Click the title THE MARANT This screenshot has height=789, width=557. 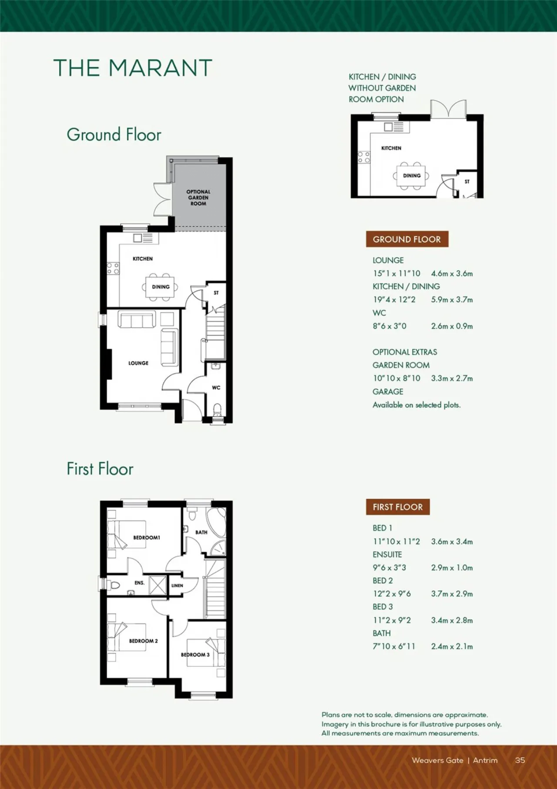pos(133,68)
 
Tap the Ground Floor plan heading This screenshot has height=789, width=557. pos(114,135)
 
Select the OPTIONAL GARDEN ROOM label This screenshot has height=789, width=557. pos(198,198)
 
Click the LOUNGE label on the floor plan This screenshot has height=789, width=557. pos(138,363)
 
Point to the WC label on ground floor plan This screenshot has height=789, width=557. pos(216,388)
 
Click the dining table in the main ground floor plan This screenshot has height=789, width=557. pos(160,287)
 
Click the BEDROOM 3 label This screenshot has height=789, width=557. pos(195,655)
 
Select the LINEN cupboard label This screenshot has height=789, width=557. pos(177,586)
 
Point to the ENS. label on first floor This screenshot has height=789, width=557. pos(139,583)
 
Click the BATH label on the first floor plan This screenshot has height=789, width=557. pos(201,532)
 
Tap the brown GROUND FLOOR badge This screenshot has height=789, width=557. pos(407,239)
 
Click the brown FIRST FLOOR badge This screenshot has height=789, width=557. pos(398,507)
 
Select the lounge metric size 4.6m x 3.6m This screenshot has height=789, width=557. pos(452,273)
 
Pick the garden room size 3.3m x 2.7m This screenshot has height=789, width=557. pos(452,378)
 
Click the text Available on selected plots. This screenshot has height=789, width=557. pos(416,405)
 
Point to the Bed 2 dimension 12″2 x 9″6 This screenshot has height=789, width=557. pos(392,593)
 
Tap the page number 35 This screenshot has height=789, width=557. pos(520,760)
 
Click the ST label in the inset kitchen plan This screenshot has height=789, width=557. pos(467,182)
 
